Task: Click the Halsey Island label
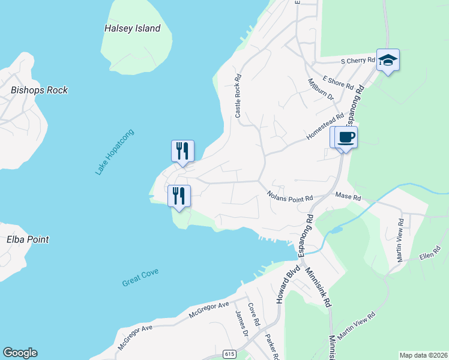pos(132,28)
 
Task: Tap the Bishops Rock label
pos(39,91)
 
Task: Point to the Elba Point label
pos(28,239)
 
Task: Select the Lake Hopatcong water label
pos(115,152)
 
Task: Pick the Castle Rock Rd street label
pos(238,96)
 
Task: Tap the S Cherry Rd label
pos(358,61)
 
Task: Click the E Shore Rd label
pos(338,82)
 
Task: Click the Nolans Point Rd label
pos(291,197)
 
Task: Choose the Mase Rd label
pos(348,197)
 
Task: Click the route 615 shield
pos(229,354)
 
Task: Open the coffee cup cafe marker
pos(345,137)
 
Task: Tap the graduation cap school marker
pos(388,59)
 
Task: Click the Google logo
pos(20,353)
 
